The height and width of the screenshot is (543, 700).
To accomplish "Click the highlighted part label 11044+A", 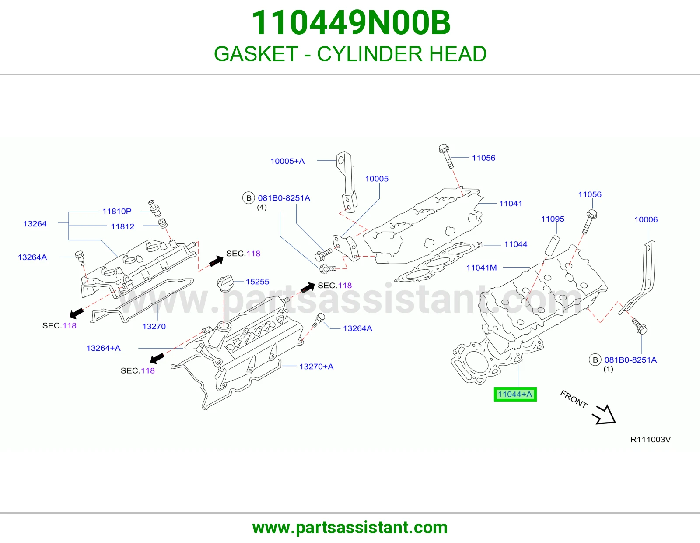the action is [x=515, y=394].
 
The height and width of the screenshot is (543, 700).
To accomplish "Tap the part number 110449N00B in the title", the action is [x=351, y=23].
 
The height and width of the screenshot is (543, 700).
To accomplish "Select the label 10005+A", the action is [x=287, y=161].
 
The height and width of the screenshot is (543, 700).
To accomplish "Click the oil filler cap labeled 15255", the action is [x=225, y=283].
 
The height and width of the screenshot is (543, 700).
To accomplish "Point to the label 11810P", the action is [x=117, y=211].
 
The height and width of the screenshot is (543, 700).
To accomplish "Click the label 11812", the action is [x=122, y=226].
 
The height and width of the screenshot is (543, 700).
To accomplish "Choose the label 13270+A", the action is [x=316, y=366].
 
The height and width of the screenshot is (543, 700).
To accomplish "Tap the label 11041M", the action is [x=482, y=268].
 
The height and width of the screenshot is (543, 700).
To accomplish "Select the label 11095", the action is [x=553, y=219].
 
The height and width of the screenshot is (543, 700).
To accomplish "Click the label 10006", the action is [x=646, y=219].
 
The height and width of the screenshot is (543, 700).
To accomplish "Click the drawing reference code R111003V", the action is [x=651, y=440].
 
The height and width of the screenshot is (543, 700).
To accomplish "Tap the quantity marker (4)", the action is [x=262, y=207].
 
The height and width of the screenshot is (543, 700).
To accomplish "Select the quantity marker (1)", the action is [x=608, y=369].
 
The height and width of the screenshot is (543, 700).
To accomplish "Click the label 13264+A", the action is [x=103, y=348].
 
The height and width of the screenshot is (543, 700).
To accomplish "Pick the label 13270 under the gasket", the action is [x=154, y=326].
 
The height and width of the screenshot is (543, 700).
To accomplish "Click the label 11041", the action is [x=511, y=204].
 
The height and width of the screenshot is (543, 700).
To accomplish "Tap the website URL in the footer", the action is [x=350, y=528].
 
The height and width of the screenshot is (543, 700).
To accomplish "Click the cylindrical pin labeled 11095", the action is [x=552, y=245].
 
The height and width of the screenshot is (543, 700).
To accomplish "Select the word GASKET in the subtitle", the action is [x=256, y=54].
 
